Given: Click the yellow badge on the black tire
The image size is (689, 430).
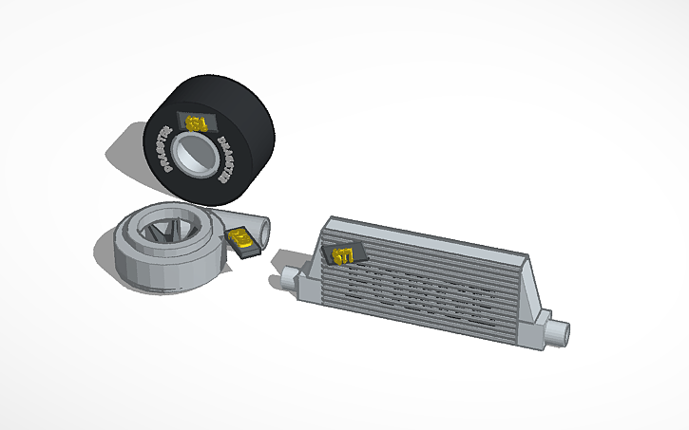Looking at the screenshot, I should pos(198,122).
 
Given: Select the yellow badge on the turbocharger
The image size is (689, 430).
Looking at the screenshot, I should pos(244,239).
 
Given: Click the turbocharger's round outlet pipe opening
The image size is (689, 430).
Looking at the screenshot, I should pos(261,230).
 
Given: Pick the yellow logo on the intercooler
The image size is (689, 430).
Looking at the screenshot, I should pos(344,254).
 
